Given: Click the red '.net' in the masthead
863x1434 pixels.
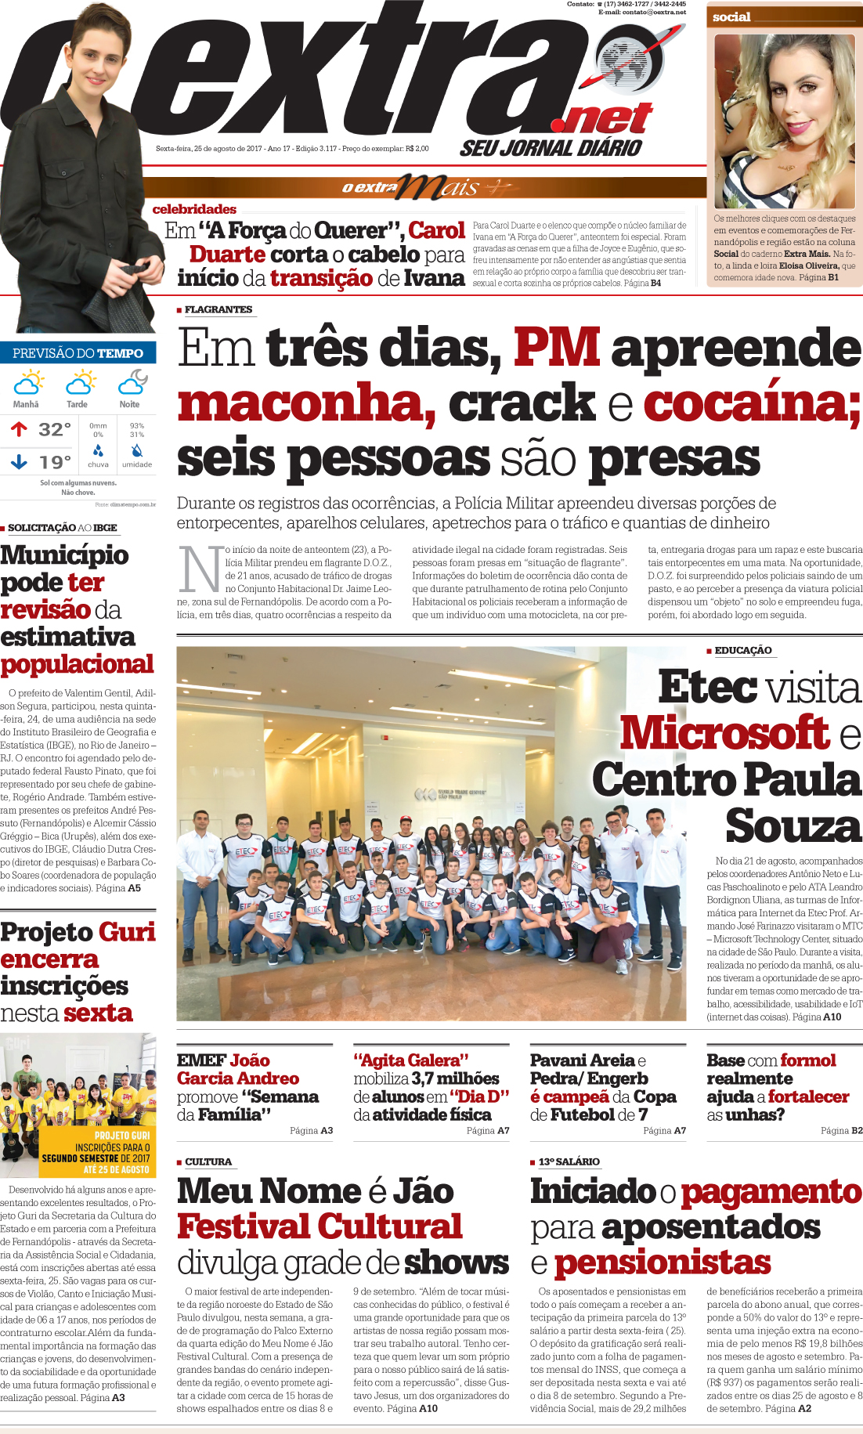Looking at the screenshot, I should (x=601, y=119).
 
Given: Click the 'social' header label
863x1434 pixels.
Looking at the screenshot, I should (x=731, y=16).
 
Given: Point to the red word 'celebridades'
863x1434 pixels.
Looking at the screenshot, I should (x=194, y=209).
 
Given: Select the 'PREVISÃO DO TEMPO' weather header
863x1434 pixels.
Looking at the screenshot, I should (x=78, y=353).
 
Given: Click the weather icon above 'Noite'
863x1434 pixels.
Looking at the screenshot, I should (x=132, y=383).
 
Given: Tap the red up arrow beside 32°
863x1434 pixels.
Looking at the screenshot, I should (x=19, y=429).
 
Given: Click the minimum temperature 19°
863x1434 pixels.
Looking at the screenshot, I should (x=55, y=463).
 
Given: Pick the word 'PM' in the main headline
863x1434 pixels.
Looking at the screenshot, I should (x=556, y=347).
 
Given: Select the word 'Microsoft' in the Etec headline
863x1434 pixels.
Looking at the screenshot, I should (x=724, y=733).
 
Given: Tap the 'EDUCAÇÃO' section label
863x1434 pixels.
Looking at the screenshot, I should (x=742, y=650).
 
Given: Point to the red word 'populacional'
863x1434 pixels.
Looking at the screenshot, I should (x=77, y=664).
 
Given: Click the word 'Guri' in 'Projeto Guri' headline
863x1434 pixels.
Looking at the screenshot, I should (x=127, y=932).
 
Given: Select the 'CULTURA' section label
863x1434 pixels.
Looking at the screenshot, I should (x=208, y=1161).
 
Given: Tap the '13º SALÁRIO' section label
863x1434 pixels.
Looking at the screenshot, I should (x=569, y=1161).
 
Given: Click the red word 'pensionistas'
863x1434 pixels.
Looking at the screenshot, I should (x=662, y=1262).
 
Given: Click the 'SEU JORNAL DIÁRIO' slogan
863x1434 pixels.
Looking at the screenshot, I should (x=551, y=148).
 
